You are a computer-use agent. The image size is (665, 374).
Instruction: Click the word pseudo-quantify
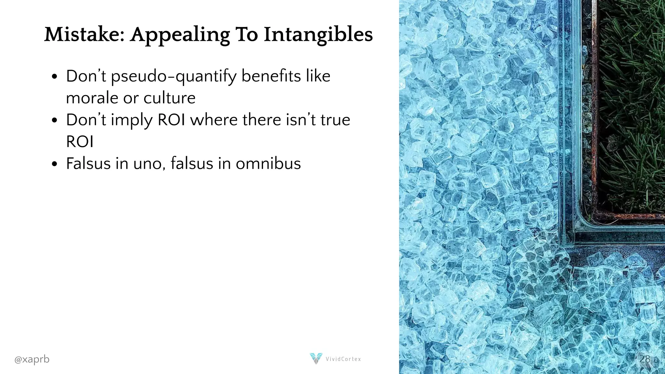174,77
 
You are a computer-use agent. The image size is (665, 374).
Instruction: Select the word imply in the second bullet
132,120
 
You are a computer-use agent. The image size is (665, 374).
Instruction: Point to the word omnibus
268,163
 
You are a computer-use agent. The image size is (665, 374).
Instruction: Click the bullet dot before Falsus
55,164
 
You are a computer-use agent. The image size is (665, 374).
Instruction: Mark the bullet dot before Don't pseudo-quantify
55,77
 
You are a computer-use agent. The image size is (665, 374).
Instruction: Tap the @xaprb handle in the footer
32,359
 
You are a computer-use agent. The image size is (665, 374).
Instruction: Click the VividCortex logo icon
316,358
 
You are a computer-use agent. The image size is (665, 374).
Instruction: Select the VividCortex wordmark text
343,359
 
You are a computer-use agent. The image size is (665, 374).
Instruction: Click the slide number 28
645,359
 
